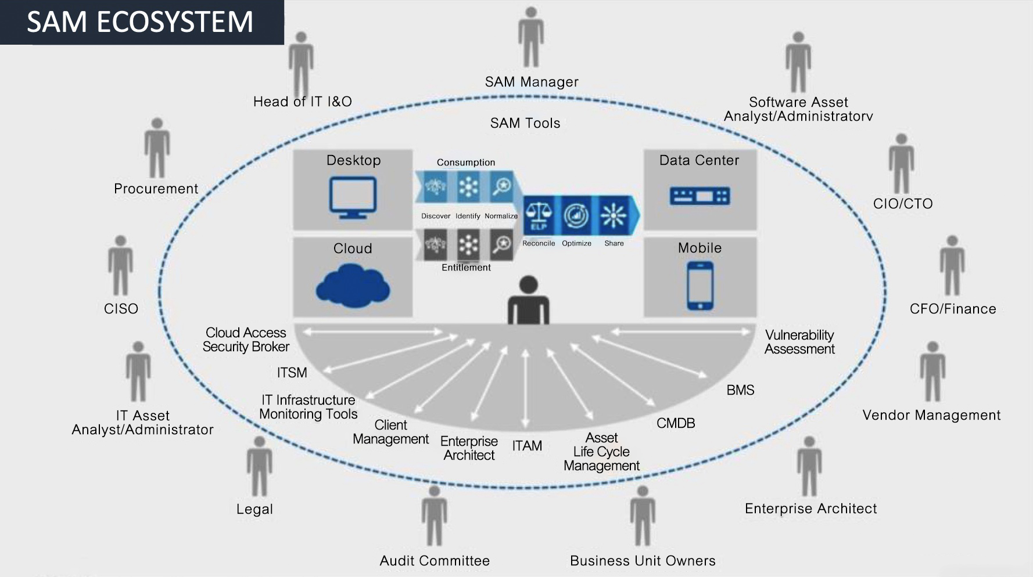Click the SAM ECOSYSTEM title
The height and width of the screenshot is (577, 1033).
[x=140, y=22]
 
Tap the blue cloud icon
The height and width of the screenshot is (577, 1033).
[x=353, y=286]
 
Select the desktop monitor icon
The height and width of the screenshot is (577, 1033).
[x=353, y=197]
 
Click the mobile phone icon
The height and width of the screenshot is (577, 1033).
[x=700, y=286]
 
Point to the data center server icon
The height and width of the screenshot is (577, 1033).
[x=700, y=196]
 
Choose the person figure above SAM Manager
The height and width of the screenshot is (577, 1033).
[x=531, y=38]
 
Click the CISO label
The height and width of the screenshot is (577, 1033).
[x=121, y=309]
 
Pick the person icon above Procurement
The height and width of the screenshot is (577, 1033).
[x=157, y=148]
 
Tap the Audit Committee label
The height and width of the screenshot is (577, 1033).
[x=435, y=561]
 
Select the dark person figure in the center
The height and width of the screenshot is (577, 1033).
[x=528, y=300]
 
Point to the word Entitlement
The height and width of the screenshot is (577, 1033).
[x=466, y=268]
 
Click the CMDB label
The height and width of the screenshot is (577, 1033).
[x=676, y=423]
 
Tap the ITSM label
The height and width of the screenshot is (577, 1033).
[x=292, y=373]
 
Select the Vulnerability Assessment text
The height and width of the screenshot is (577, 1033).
[x=799, y=342]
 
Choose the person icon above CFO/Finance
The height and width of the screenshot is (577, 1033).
[x=952, y=265]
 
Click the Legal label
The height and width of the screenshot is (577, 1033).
[x=254, y=509]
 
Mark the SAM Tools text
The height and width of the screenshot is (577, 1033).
[x=525, y=123]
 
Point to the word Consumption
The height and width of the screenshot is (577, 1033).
[x=466, y=163]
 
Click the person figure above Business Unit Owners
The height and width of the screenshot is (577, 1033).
[x=643, y=515]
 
